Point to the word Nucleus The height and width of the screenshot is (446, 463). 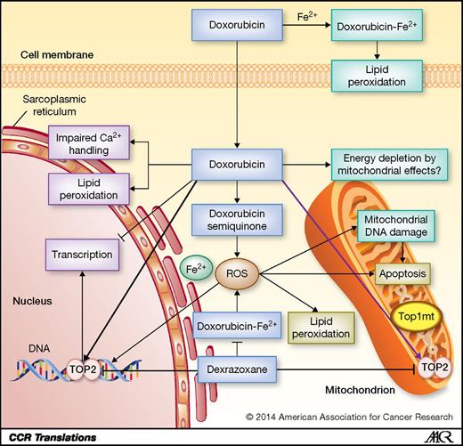click(x=32, y=301)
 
